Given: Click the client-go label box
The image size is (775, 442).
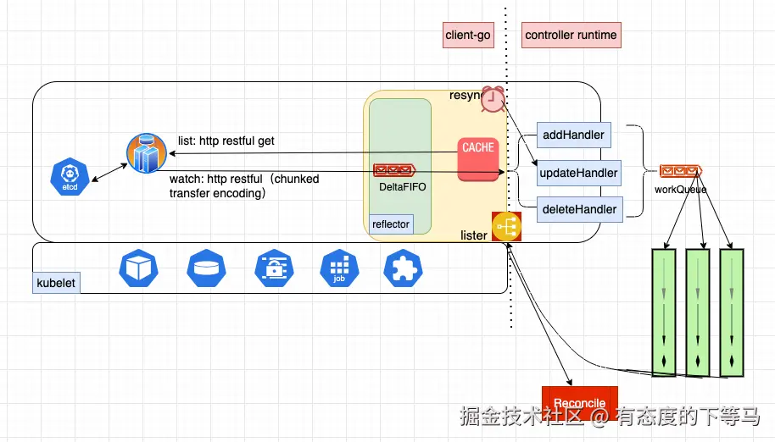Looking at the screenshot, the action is [468, 35].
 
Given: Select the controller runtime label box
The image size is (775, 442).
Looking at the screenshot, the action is [571, 35].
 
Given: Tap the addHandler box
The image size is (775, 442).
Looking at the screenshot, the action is [574, 135].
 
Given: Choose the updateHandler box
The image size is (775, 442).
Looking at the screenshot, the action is [579, 173].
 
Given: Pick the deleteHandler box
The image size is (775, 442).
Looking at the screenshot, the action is [579, 209].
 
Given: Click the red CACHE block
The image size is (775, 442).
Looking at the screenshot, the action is [478, 159].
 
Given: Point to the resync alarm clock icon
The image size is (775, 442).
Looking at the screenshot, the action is [493, 99].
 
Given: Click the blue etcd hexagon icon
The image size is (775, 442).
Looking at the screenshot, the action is [70, 177].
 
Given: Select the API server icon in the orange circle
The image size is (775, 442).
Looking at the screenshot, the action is [147, 153].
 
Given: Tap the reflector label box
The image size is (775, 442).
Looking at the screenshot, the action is [391, 224].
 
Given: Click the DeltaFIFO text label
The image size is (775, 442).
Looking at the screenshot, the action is [402, 187].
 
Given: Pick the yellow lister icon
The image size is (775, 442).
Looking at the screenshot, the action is [506, 226].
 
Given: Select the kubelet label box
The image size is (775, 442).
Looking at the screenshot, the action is [56, 283].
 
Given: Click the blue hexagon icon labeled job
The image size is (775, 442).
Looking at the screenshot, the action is [339, 269].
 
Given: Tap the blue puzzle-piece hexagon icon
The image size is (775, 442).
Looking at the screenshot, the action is [403, 269].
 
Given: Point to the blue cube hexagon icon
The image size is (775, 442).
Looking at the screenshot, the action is [138, 269].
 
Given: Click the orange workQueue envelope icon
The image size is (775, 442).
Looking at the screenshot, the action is [681, 171].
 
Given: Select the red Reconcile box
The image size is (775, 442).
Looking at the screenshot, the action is [580, 403].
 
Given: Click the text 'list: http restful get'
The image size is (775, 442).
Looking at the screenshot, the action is [226, 141].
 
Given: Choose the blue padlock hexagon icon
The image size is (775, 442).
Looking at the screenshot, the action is [275, 269].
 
